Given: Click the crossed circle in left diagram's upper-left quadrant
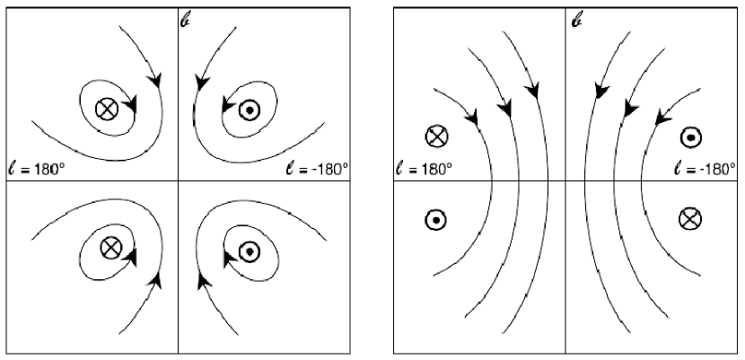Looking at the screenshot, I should [107, 110].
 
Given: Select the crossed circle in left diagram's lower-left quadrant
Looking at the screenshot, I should [109, 246].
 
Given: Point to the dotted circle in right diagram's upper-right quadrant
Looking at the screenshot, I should [690, 136].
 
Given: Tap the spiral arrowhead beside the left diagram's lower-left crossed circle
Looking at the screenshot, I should [132, 257].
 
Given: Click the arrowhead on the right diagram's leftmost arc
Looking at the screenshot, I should [473, 118].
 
